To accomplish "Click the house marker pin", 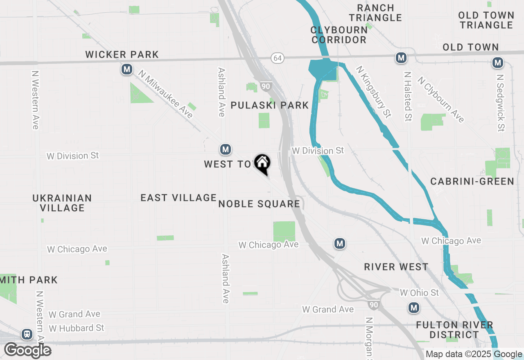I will [262, 164].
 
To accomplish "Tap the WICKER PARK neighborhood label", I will [122, 54].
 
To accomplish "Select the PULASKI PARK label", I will [270, 106].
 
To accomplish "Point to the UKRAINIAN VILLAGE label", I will [62, 203].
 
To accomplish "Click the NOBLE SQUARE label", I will [259, 204].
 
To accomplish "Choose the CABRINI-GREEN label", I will [472, 181].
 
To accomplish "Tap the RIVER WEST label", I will [396, 267].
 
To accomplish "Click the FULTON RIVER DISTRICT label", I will [454, 330].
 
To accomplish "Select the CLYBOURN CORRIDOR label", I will [339, 35].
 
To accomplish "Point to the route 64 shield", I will [278, 58].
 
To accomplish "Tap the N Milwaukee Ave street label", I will [166, 94].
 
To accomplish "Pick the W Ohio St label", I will [419, 292].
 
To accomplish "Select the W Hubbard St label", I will [77, 328].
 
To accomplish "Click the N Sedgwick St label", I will [500, 102].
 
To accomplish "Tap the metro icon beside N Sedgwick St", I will [498, 63].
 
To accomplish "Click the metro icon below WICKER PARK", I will [127, 69].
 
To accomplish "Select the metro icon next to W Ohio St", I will [414, 307].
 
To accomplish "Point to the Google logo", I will [27, 350].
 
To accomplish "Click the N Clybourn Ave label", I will [441, 99].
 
